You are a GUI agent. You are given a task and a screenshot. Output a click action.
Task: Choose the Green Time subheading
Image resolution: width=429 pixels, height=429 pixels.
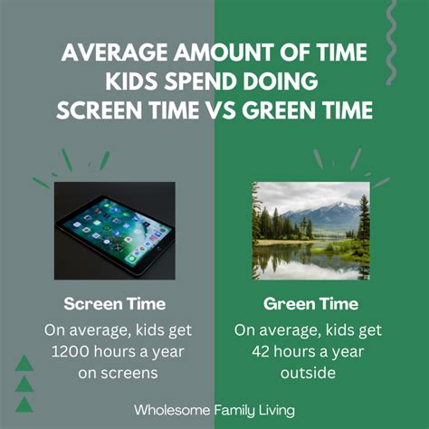click(312, 303)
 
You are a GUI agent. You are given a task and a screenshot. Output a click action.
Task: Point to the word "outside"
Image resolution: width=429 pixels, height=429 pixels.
click(312, 371)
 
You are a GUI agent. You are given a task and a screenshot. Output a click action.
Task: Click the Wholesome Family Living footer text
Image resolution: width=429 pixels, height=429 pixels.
click(214, 409)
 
